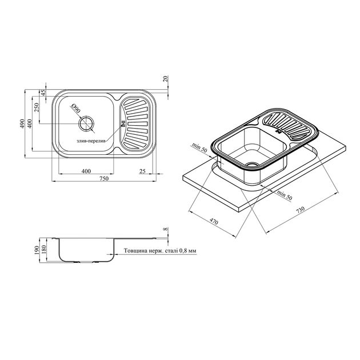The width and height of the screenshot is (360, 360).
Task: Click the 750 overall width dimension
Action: [x=104, y=178]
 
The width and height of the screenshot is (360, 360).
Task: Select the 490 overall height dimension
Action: [x=22, y=123]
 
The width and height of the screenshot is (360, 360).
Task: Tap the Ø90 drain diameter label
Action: [x=76, y=107]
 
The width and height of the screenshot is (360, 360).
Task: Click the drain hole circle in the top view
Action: [x=86, y=124]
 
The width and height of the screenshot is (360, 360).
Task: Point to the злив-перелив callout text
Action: [x=91, y=141]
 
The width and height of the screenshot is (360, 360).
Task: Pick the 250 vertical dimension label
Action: [x=37, y=107]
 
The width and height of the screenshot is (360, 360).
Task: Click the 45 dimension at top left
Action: [x=43, y=93]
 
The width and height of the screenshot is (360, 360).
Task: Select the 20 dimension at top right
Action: [x=166, y=79]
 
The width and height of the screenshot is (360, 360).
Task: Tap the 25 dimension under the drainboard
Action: [x=143, y=171]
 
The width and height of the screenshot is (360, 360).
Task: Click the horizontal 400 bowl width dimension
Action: [x=86, y=171]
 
